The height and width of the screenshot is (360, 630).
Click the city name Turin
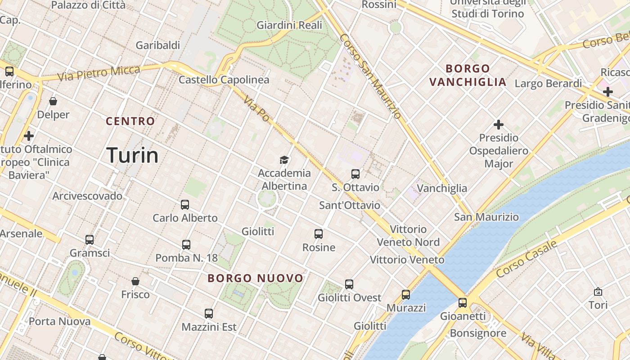coord(133,155)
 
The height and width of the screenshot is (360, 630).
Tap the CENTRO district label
coord(130,121)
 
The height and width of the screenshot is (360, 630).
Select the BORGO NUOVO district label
coord(256,278)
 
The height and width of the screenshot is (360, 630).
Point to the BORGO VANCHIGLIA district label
coord(468,75)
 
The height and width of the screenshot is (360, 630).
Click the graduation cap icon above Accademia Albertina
coord(284,160)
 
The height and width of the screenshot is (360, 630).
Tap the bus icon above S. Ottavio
coord(355,174)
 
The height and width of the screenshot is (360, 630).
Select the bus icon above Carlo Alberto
coord(185,205)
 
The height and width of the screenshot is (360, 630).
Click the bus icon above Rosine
coord(319,234)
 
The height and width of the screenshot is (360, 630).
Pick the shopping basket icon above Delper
coord(53,101)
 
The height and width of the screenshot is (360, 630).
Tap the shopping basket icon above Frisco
coord(135,281)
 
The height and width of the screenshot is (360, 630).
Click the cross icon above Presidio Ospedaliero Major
coord(499,125)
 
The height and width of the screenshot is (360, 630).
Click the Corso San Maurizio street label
coord(371,76)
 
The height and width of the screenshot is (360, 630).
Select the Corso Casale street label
coord(526,259)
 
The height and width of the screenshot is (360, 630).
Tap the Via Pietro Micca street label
coord(99,73)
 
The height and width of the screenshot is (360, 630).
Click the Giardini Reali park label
coord(289,25)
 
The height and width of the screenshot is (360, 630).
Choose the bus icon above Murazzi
coord(406,295)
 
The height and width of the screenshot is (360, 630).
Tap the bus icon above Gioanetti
coord(463,303)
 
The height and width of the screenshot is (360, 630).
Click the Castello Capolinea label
coord(224,80)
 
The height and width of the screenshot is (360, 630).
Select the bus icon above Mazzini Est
coord(209,314)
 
